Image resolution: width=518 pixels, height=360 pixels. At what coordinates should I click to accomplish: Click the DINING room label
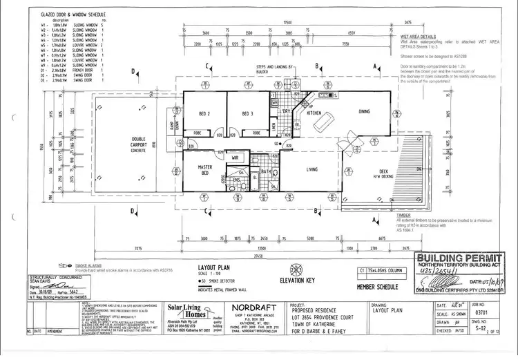pos(365,111)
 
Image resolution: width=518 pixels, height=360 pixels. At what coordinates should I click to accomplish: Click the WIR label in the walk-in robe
pos(235,158)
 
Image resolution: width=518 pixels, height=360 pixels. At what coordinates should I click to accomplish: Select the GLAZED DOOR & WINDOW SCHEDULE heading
pos(73,13)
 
